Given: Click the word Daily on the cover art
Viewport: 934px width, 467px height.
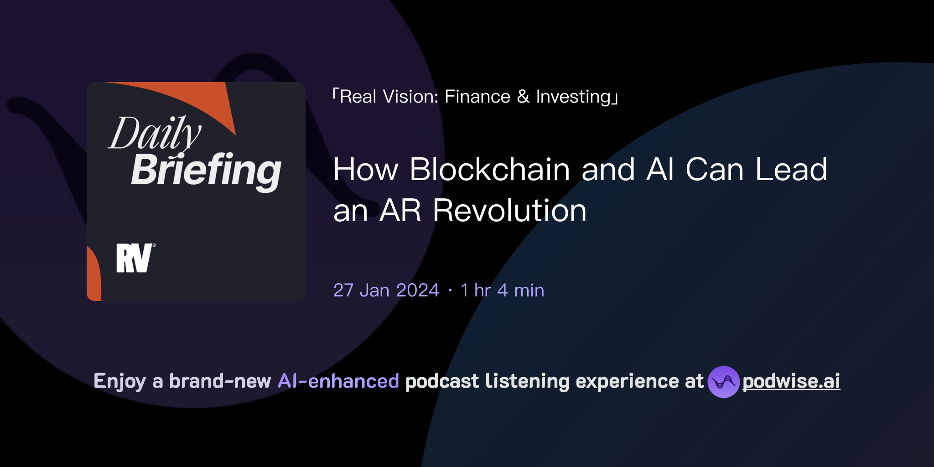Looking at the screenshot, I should pos(154,134).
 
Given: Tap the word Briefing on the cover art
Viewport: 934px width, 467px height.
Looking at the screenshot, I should pos(206,170).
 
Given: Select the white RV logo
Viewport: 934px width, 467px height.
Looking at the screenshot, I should pos(135,258).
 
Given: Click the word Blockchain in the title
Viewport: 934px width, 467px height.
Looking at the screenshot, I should pos(490,169).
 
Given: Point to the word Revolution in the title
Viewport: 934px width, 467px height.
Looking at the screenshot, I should pos(509,211).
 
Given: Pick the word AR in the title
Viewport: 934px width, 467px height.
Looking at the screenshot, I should pos(400,211).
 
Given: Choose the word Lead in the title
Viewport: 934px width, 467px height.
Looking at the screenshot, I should pos(791,169).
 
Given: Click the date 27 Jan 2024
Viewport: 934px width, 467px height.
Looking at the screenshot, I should pos(386,290).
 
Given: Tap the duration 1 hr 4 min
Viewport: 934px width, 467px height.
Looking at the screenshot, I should pos(502,290).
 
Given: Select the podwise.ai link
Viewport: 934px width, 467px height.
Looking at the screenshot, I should pos(791,381).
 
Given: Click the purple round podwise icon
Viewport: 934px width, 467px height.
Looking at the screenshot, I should pos(723,382).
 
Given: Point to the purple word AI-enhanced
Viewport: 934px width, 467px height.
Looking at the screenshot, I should pos(338,381).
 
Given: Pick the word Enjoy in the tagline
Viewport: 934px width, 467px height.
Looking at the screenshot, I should pos(119,381).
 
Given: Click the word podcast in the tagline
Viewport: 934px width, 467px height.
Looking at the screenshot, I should pos(442,381).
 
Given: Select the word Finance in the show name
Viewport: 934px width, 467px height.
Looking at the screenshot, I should pos(477,97).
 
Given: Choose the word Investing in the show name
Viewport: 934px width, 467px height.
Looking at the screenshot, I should pos(573,97).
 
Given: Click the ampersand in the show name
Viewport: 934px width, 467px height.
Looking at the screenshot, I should pos(523,97).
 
